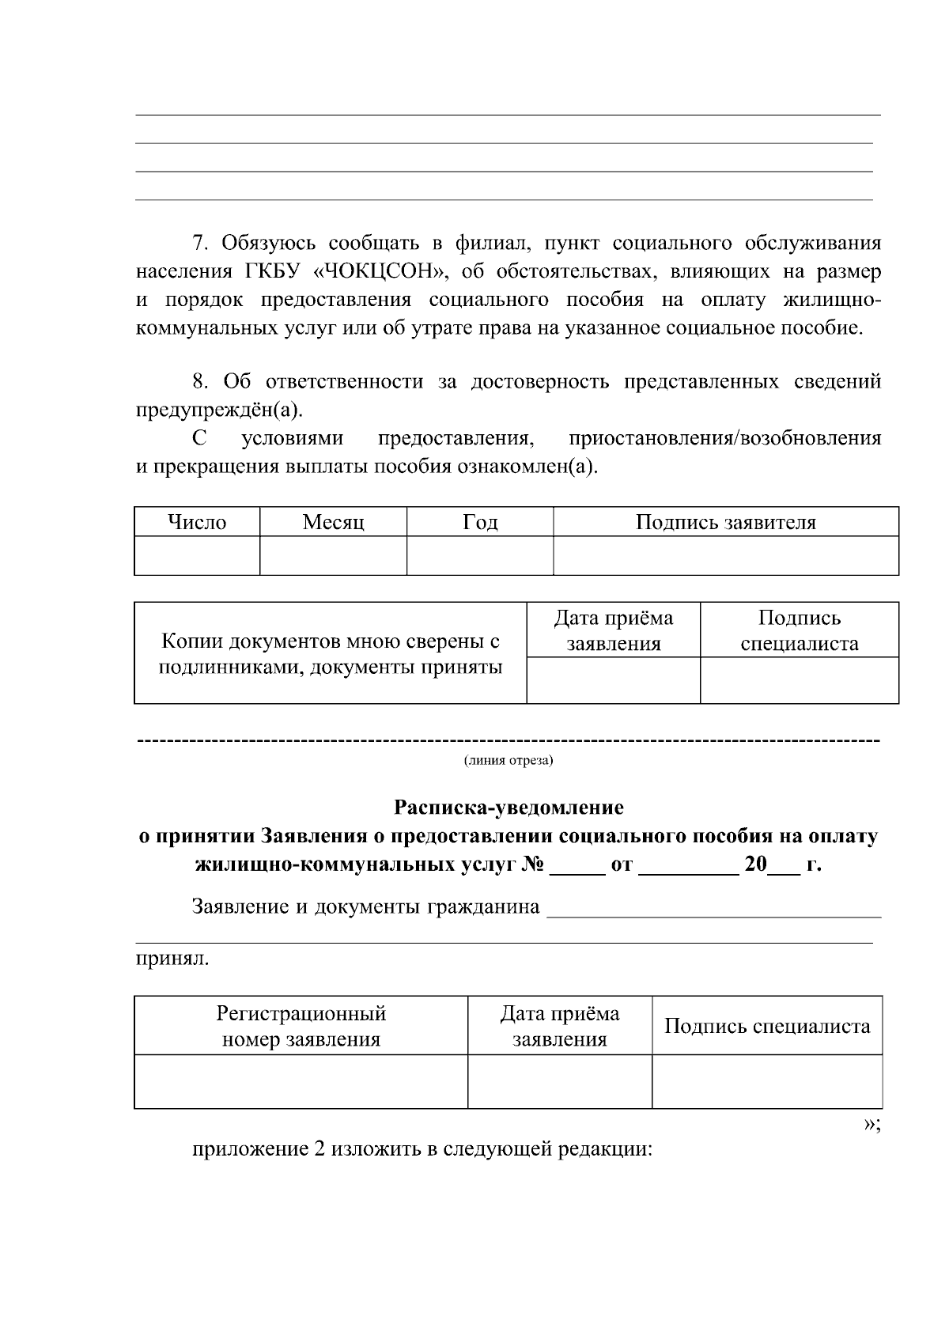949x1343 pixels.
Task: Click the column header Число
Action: click(197, 523)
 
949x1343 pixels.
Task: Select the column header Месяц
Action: click(333, 523)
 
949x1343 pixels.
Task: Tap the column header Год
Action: click(479, 523)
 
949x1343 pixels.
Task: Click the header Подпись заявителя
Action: click(725, 523)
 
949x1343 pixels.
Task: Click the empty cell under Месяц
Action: click(333, 555)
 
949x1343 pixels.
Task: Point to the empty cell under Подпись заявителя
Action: click(725, 555)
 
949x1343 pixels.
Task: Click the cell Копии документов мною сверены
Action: click(331, 653)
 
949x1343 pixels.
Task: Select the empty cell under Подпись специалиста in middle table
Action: click(799, 680)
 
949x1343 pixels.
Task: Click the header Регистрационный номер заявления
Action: click(301, 1026)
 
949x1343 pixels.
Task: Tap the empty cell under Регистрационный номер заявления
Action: click(301, 1081)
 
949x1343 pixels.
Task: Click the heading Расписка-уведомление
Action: click(509, 808)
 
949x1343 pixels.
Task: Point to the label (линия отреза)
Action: click(508, 761)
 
